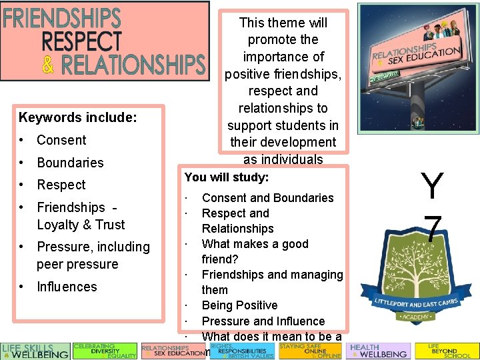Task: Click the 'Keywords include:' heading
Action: (x=78, y=118)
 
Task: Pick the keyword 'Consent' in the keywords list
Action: (x=61, y=140)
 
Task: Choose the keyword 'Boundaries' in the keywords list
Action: (x=70, y=163)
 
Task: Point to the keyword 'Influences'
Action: (x=67, y=287)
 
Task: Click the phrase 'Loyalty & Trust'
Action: (x=81, y=225)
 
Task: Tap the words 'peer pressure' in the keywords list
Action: (x=77, y=264)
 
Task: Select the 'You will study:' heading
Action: (x=227, y=177)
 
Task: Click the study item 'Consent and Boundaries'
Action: (x=267, y=197)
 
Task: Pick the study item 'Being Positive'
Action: (x=239, y=305)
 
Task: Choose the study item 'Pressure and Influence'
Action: (x=263, y=321)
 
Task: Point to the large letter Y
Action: (x=432, y=186)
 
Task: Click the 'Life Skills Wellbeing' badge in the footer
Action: (x=35, y=351)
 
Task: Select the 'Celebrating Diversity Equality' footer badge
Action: (x=105, y=351)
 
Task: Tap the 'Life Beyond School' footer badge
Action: (x=447, y=351)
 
